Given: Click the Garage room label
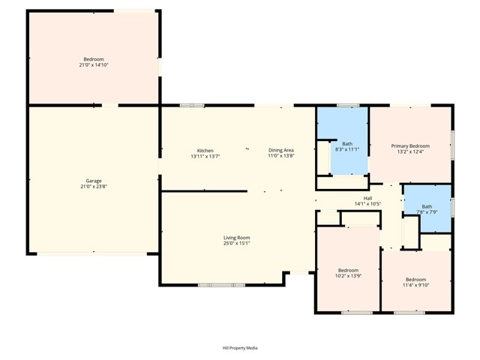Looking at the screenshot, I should click(94, 181).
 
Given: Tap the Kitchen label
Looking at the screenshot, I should click(205, 150).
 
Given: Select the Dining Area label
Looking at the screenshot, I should click(281, 150).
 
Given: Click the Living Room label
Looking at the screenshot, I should click(236, 237).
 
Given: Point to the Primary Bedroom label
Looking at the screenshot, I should click(410, 145).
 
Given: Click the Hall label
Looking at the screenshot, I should click(367, 198).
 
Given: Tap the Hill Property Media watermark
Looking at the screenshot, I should click(240, 348).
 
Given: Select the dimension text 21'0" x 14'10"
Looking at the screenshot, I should click(94, 65).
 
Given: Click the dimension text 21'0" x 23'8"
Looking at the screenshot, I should click(94, 187).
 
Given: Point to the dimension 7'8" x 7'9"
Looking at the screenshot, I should click(427, 212).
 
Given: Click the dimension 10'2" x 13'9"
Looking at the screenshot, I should click(348, 276).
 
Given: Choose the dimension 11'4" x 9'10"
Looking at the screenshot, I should click(415, 285).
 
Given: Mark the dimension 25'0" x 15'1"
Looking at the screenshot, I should click(236, 243).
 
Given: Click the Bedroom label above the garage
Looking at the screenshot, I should click(94, 59).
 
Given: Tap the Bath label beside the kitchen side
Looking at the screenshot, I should click(347, 143).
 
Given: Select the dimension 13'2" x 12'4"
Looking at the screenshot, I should click(410, 151).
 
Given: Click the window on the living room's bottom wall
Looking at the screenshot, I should click(221, 285).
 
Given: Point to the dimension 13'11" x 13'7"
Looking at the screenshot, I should click(205, 156).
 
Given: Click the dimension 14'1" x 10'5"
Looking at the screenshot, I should click(367, 204).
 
